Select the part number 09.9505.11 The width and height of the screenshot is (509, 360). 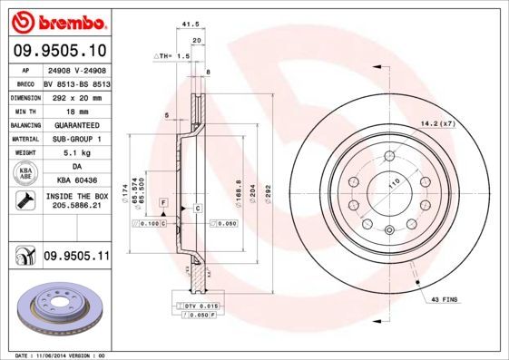point(75,258)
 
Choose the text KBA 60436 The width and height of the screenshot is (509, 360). point(75,181)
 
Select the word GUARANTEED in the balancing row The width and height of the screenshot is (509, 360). point(75,124)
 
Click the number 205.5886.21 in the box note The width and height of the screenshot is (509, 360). point(75,206)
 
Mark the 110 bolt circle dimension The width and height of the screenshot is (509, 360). point(394,185)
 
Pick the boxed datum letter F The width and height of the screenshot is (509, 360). point(162,200)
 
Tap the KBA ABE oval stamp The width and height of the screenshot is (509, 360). point(24,174)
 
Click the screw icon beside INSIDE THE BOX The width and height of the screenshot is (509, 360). point(24,200)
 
